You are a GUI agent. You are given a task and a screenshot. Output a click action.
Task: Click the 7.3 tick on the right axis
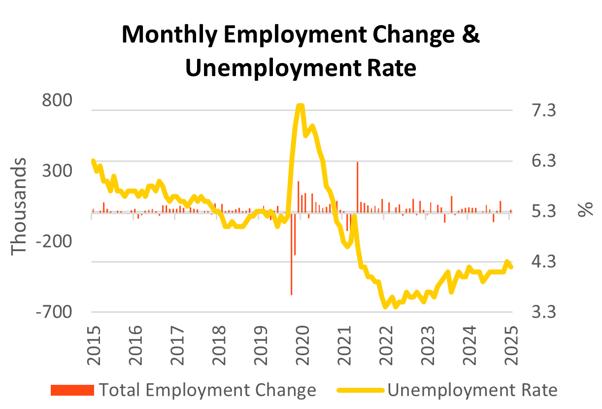point(543,111)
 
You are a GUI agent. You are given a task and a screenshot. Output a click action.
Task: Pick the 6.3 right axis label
point(543,161)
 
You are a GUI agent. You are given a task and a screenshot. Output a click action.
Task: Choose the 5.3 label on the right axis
point(543,212)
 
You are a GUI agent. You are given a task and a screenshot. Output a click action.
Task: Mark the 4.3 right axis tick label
point(543,262)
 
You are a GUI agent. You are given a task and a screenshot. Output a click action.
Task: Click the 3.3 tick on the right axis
point(543,312)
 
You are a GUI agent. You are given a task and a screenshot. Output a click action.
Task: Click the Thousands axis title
point(19,206)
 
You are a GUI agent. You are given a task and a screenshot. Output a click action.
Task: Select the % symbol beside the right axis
point(586,209)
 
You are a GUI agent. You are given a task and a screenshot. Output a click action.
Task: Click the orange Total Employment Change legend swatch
point(72,390)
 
